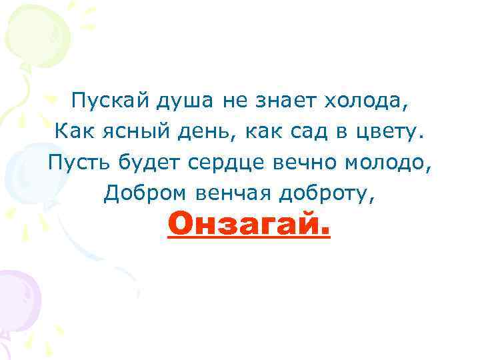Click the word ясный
pos(123,132)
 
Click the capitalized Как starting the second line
pos(72,132)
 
